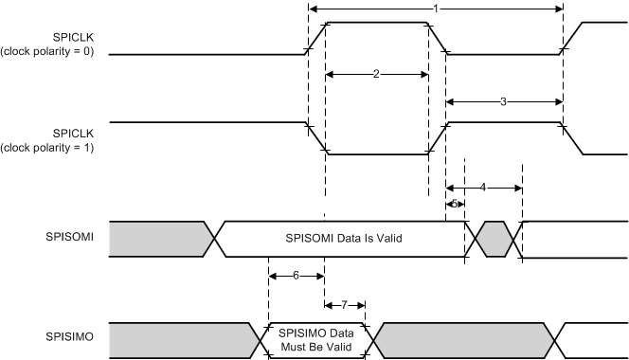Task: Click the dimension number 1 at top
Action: click(435, 8)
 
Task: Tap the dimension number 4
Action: click(483, 187)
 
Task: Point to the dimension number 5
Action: click(454, 204)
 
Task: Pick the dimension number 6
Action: click(297, 276)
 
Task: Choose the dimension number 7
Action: click(345, 304)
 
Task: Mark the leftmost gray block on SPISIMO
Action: click(182, 335)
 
